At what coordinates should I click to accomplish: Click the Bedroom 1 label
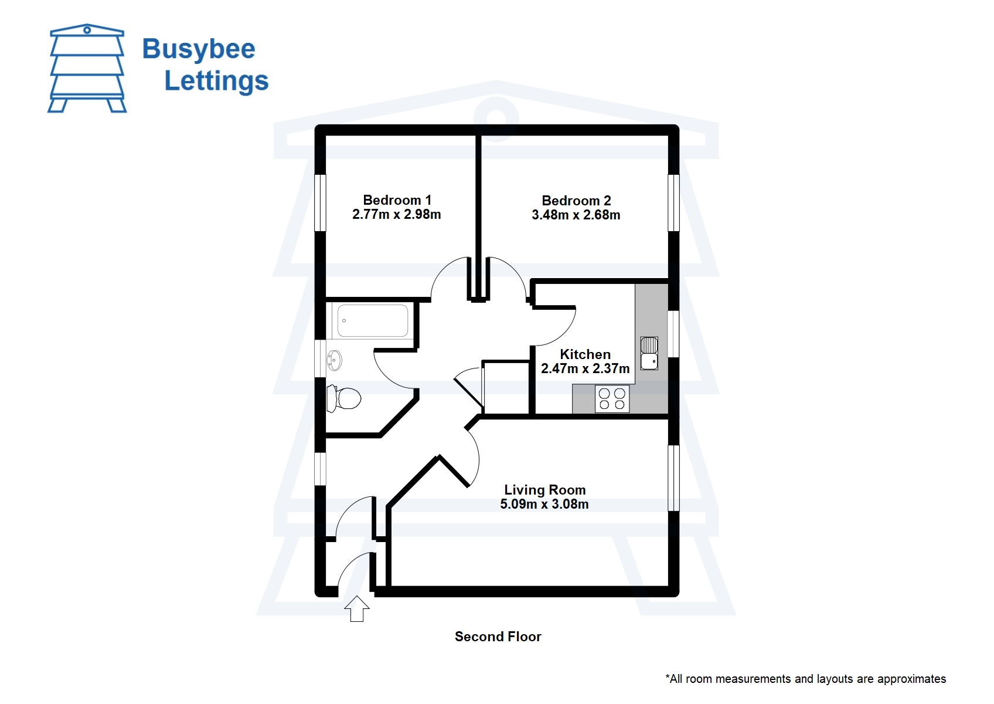(397, 200)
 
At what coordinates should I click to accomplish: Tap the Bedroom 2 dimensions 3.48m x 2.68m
(576, 215)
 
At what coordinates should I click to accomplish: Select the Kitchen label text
(585, 354)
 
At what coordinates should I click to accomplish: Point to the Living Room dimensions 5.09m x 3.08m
(544, 504)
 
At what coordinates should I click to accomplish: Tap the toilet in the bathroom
(343, 398)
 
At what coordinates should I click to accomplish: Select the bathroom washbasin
(333, 360)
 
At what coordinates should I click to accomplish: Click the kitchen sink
(649, 354)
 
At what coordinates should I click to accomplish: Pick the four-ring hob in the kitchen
(612, 399)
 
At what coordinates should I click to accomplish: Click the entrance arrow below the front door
(357, 609)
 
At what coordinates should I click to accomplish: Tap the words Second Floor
(498, 637)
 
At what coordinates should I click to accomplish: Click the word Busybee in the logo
(199, 50)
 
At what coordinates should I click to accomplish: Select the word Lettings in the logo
(216, 81)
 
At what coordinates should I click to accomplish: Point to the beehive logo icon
(87, 68)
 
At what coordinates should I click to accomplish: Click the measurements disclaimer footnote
(806, 679)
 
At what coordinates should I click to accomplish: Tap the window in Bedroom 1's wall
(320, 203)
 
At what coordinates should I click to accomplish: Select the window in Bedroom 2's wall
(673, 203)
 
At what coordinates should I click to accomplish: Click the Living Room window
(673, 478)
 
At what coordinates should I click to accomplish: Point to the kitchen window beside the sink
(673, 334)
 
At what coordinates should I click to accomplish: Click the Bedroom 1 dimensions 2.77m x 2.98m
(397, 215)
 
